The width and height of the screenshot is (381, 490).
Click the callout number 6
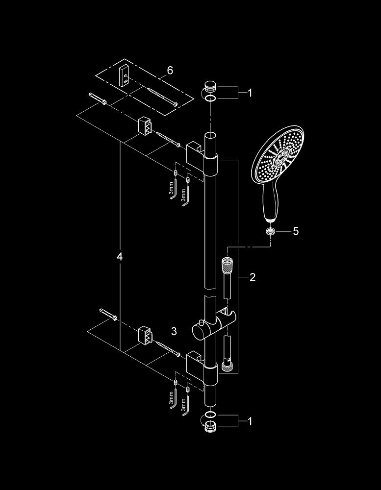170,71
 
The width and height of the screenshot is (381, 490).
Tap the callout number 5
296,231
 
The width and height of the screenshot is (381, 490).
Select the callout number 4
120,257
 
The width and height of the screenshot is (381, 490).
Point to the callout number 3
174,332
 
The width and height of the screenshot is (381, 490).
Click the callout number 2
253,277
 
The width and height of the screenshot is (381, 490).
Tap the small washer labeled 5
270,231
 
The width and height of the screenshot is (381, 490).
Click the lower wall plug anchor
109,315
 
